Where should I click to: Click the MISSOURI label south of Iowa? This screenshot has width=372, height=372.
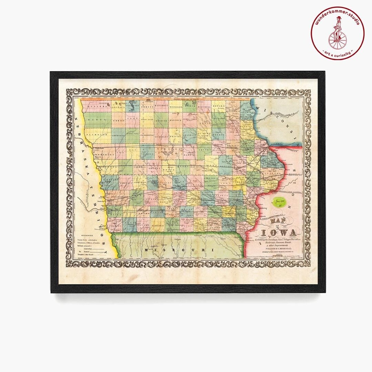coord(179,249)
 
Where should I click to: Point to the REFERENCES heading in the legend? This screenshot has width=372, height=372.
coord(86,232)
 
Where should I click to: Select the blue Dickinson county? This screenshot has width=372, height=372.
coord(133,106)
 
